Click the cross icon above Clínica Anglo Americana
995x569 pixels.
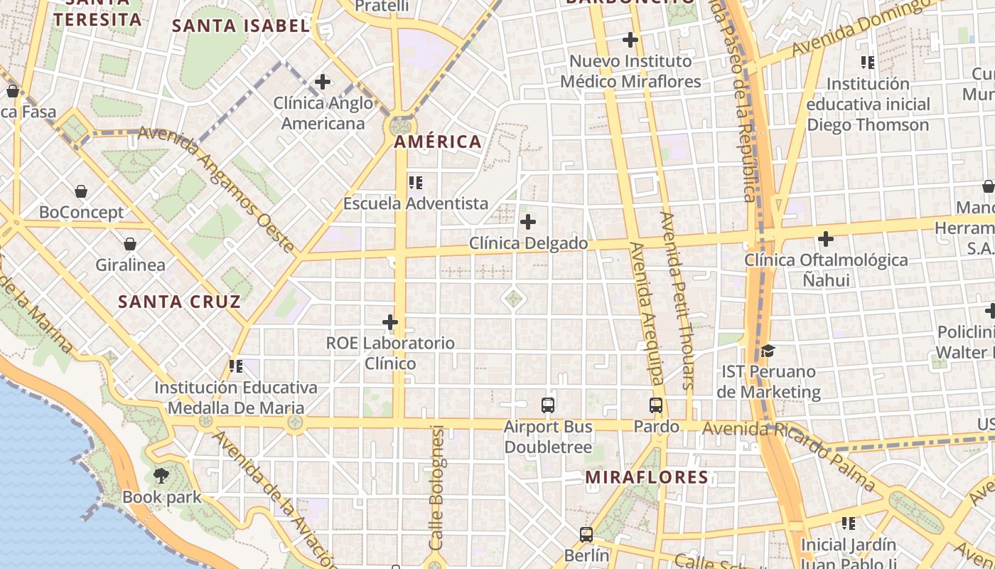coord(323,82)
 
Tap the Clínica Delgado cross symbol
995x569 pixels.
coord(528,222)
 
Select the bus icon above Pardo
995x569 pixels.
coord(656,405)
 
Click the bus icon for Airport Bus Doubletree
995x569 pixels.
coord(548,405)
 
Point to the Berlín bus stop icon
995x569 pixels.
coord(586,534)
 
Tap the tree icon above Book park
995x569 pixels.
coord(161,475)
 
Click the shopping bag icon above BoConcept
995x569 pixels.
coord(81,191)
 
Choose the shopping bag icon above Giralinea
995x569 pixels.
coord(130,245)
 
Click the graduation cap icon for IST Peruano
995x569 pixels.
coord(768,351)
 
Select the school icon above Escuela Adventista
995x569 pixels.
coord(416,183)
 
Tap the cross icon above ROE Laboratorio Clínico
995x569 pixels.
coord(390,322)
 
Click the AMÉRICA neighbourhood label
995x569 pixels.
coord(438,142)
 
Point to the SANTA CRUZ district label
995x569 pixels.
coord(179,302)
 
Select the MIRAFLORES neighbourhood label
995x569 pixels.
coord(647,477)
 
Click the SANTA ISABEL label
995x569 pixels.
coord(241,26)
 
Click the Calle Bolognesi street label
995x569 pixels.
coord(436,487)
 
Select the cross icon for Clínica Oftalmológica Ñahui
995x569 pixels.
coord(825,239)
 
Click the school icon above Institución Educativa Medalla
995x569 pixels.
coord(236,366)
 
